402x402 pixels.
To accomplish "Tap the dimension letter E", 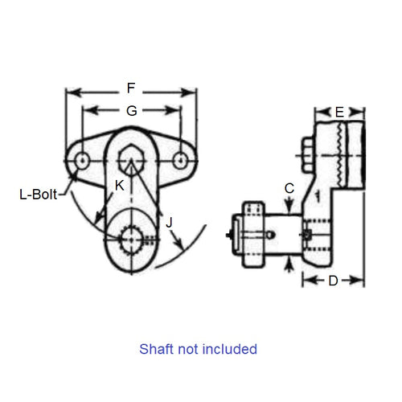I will click(339, 111).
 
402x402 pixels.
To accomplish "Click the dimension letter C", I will click(289, 188).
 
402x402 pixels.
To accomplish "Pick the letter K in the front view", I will click(120, 186).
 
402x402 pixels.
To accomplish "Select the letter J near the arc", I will click(170, 223).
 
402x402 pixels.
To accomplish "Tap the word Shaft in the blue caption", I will click(157, 349).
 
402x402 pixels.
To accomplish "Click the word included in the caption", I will click(232, 349).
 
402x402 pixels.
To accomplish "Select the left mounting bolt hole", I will click(81, 162).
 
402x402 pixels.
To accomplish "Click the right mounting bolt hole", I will click(181, 162).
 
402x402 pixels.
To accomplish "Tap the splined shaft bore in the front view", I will click(130, 239).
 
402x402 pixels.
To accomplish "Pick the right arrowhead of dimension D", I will click(362, 281).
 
